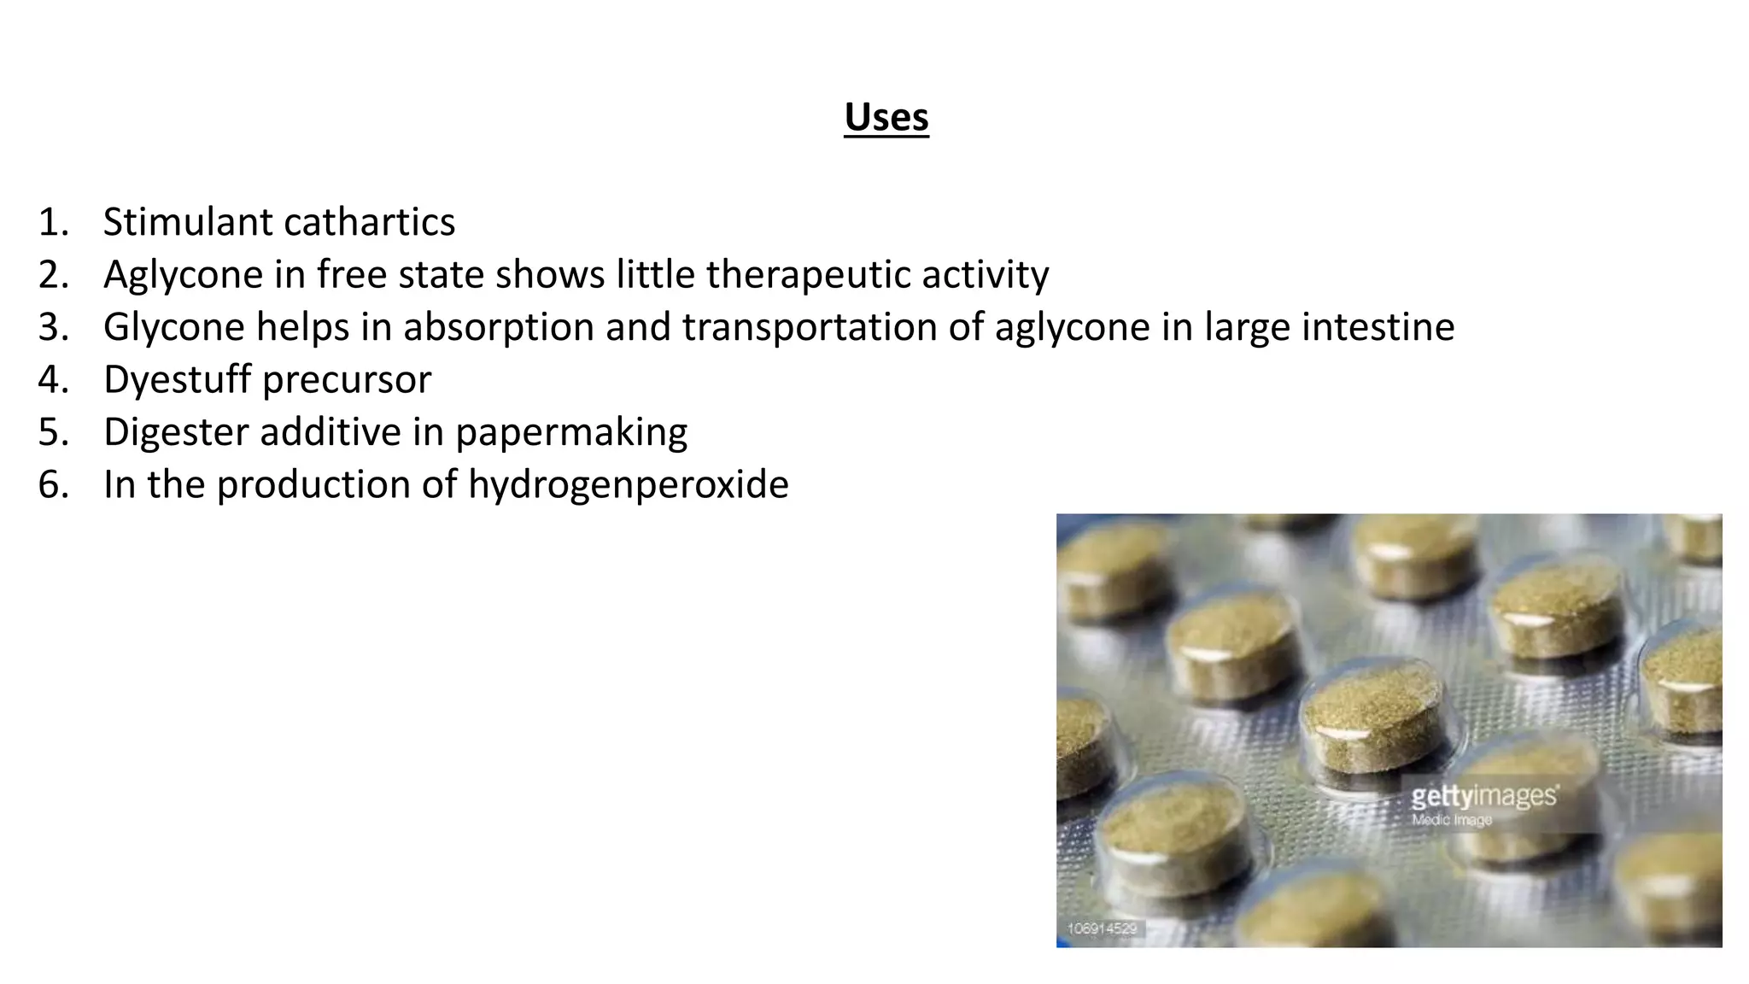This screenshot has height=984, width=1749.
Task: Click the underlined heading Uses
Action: click(886, 118)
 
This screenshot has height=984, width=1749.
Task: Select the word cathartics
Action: click(369, 222)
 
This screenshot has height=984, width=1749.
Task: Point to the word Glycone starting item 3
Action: click(174, 327)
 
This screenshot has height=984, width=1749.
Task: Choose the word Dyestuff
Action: click(178, 380)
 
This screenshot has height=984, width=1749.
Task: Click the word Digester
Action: click(176, 432)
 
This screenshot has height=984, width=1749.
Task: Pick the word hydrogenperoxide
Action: click(628, 485)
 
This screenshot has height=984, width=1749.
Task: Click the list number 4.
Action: click(52, 380)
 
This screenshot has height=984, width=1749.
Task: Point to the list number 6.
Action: click(52, 485)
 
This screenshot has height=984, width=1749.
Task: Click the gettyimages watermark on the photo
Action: click(1483, 797)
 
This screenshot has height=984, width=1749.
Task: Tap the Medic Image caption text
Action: click(1452, 820)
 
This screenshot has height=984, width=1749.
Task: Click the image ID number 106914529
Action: click(1102, 928)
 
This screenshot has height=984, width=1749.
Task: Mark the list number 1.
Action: click(52, 222)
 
